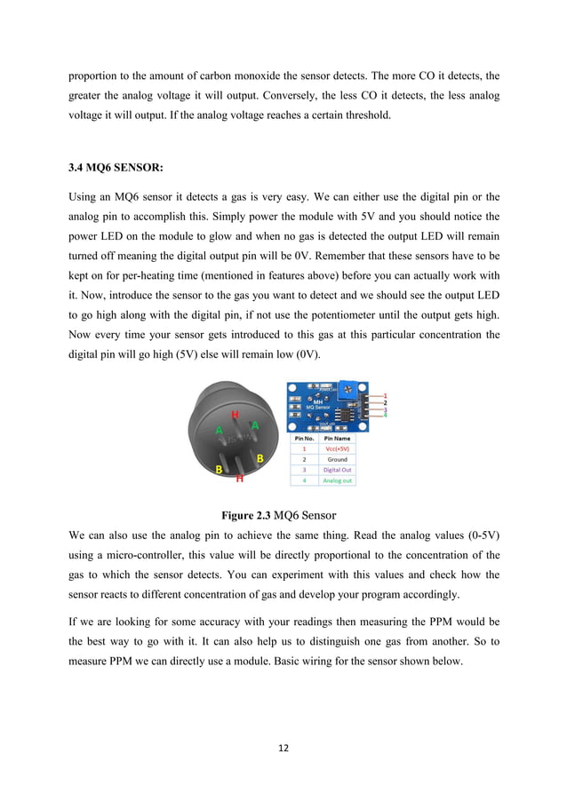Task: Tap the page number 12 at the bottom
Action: tap(283, 747)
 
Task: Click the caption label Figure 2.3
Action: tap(246, 514)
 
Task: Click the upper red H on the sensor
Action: tap(235, 415)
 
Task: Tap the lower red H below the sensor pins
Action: tap(238, 478)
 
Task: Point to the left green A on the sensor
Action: tap(219, 430)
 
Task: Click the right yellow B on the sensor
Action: tap(260, 458)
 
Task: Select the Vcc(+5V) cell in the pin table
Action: tap(337, 448)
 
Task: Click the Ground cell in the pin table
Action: tap(337, 459)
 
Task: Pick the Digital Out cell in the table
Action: tap(337, 470)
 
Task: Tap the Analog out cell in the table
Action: tap(337, 480)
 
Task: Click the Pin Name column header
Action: tap(337, 438)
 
